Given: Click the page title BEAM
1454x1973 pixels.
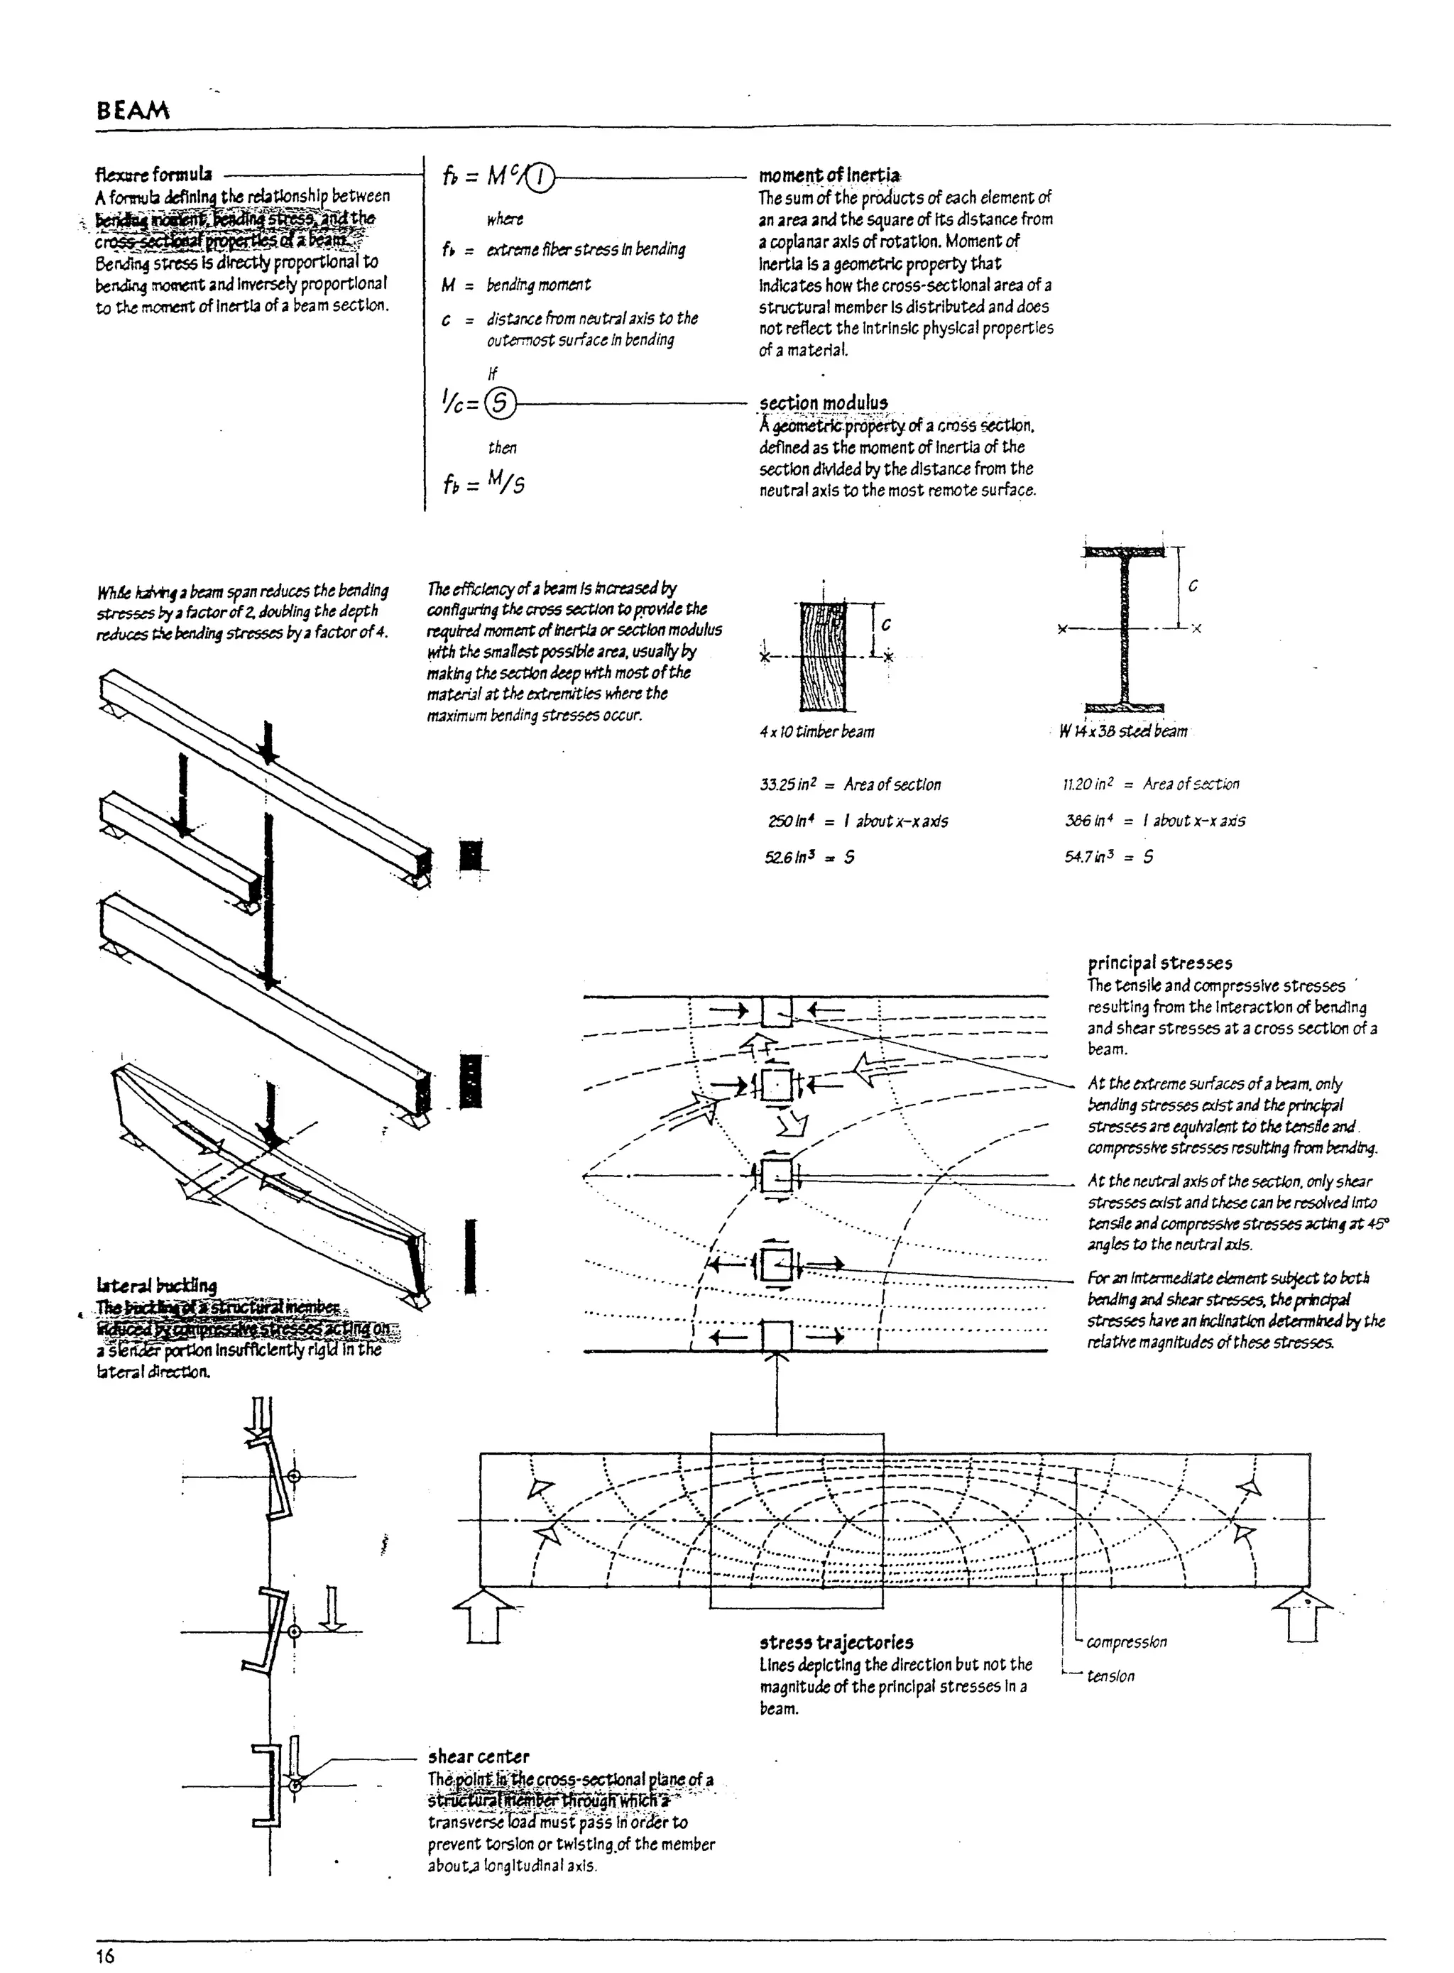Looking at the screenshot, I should (133, 111).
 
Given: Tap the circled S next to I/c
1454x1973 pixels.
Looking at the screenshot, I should (500, 403).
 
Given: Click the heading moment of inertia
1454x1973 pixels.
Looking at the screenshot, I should (829, 176).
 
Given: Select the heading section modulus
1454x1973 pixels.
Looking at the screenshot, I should (824, 403).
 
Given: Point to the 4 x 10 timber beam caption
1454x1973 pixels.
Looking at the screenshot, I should (816, 731).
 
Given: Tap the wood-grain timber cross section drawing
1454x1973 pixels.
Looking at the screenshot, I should (823, 657).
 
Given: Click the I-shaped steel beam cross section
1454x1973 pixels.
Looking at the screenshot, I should (1124, 630).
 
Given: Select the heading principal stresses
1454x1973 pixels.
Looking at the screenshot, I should (1159, 963).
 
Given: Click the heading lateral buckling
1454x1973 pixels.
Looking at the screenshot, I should (157, 1286).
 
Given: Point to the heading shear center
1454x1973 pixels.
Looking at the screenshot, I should (479, 1756).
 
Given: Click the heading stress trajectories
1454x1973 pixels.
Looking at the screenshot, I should (836, 1642).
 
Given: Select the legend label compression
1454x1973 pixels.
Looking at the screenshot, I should (1126, 1642).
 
